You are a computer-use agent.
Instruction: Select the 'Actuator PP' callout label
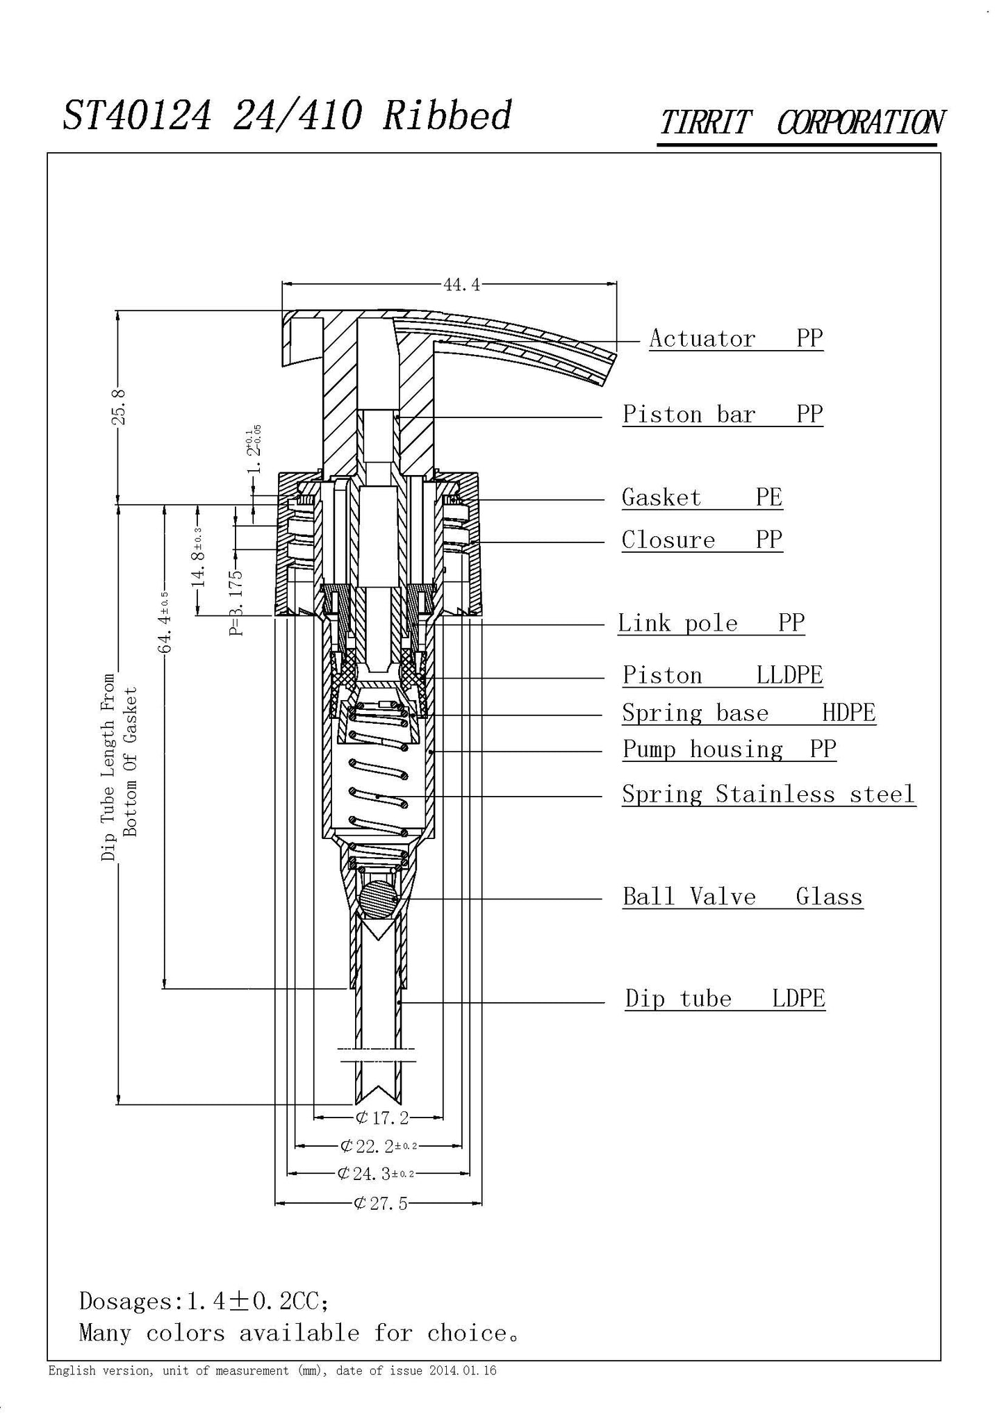tap(736, 339)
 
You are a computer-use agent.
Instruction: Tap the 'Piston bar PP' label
tap(722, 415)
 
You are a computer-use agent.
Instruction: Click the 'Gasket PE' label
tap(702, 498)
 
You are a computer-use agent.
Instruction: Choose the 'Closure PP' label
tap(702, 540)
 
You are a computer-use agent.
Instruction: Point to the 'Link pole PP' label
tap(711, 623)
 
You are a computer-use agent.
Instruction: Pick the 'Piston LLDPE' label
tap(722, 676)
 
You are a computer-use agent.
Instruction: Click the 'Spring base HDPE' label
tap(748, 713)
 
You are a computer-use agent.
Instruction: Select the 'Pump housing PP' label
tap(729, 749)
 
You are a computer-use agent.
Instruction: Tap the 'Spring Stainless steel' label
tap(768, 795)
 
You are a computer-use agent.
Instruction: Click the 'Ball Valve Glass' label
tap(742, 897)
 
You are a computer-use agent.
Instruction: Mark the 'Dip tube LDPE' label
tap(725, 999)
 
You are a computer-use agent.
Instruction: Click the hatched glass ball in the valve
tap(379, 897)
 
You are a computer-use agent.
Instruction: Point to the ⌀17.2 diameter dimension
tap(381, 1118)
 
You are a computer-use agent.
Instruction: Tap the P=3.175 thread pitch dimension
tap(237, 602)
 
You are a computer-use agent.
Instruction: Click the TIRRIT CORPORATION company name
tap(800, 123)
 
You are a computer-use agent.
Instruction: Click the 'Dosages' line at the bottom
tap(204, 1301)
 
